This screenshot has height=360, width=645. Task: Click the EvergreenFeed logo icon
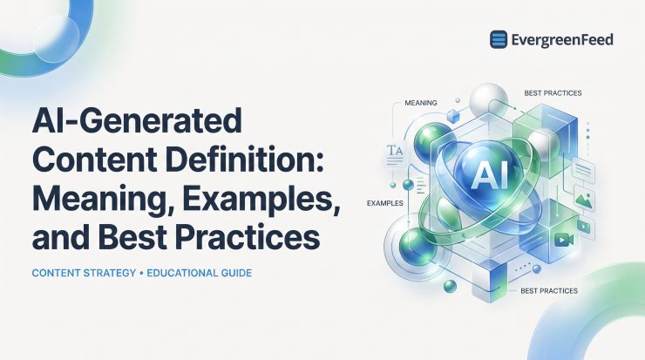499,39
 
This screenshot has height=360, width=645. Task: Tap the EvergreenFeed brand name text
562,40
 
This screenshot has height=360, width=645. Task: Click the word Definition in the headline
243,159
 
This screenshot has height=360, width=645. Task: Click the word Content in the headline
95,159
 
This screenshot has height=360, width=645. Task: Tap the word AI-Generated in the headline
137,119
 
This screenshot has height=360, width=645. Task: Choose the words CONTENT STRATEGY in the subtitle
84,273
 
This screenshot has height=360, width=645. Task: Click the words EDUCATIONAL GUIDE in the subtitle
199,273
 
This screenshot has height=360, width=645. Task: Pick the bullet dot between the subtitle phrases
141,273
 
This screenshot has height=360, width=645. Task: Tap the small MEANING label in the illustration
421,103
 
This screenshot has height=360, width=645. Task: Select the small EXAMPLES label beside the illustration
385,203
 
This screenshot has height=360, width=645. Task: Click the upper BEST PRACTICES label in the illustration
553,93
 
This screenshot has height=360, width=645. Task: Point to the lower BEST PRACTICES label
549,291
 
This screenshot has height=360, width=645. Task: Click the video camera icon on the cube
564,240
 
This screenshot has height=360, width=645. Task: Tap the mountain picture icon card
585,200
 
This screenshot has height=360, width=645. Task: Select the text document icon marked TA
395,154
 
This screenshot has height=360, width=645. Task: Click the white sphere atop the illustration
489,100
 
